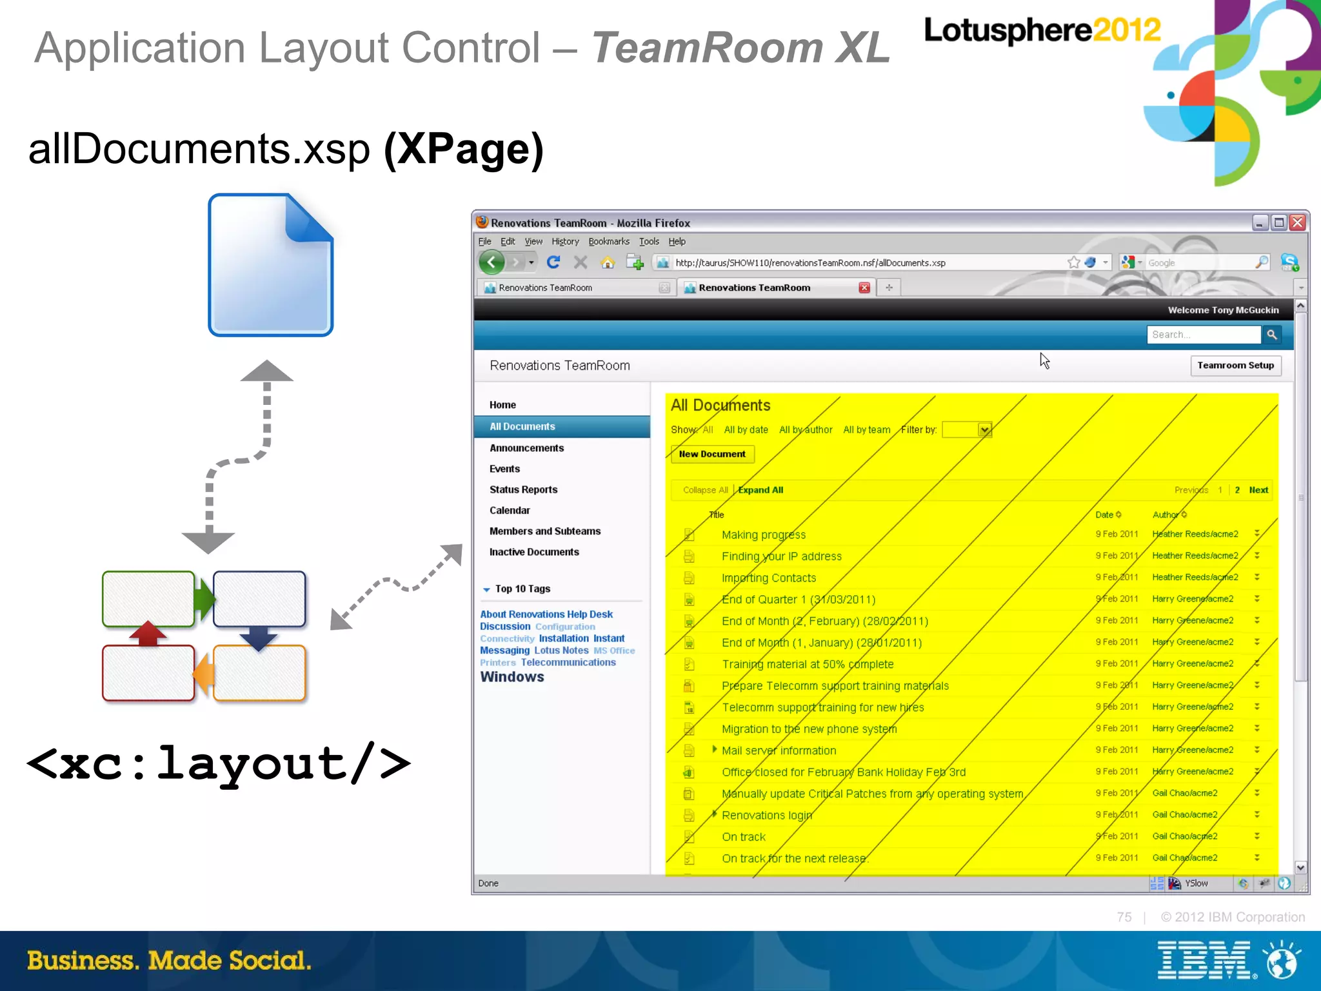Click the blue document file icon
click(270, 265)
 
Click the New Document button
click(712, 454)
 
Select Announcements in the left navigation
click(526, 448)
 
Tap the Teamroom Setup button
click(1235, 366)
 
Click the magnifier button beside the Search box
click(1272, 335)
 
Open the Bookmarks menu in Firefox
click(608, 242)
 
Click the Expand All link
click(760, 490)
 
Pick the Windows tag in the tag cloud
click(512, 677)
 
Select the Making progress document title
click(764, 535)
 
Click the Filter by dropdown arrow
click(984, 430)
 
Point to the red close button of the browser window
click(1298, 223)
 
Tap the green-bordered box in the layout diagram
click(148, 599)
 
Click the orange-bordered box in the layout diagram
click(259, 672)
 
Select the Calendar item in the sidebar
click(510, 511)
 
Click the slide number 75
click(1124, 917)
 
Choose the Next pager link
click(1258, 490)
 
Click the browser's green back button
click(492, 262)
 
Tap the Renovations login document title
click(767, 815)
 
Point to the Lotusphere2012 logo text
click(1042, 30)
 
